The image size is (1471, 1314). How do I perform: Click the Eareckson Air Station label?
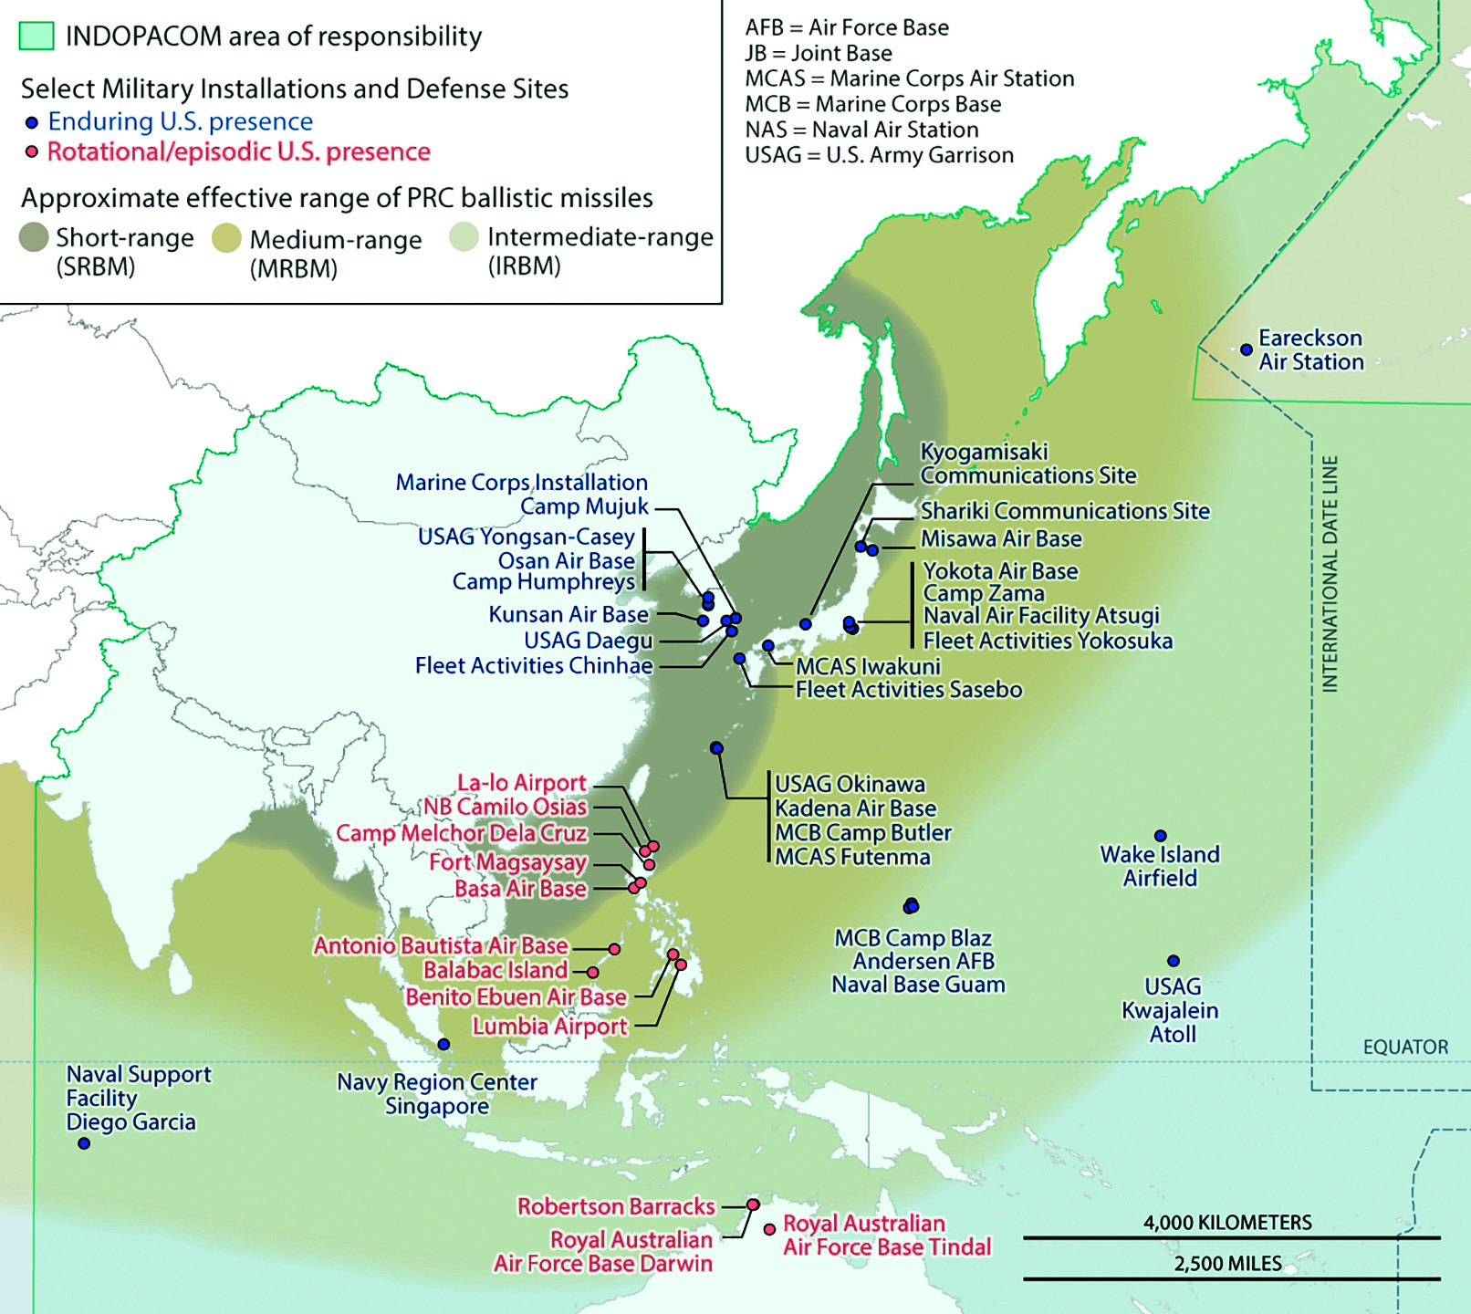coord(1310,350)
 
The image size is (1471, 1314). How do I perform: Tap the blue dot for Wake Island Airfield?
coord(1161,836)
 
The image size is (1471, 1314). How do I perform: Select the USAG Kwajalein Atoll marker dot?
coord(1174,961)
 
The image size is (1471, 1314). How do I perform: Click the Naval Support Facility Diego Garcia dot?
coord(84,1143)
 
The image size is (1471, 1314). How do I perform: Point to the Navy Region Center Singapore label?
coord(437,1094)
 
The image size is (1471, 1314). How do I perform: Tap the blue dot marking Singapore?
coord(443,1044)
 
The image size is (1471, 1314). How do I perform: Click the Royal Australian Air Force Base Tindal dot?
coord(770,1229)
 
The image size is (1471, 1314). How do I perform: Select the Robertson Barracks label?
coord(616,1206)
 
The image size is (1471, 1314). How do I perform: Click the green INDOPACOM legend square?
coord(37,36)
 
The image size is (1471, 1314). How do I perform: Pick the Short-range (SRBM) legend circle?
coord(34,237)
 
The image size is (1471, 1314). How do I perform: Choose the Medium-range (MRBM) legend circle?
coord(226,239)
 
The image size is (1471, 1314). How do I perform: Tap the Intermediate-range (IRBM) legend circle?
coord(464,237)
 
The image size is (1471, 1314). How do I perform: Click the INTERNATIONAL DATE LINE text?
coord(1330,574)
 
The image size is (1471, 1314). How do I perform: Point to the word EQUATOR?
coord(1405,1047)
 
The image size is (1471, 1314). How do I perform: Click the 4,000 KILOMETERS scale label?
coord(1227,1223)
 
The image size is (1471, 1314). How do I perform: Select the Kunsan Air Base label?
coord(569,614)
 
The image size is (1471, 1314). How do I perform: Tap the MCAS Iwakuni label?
coord(868,666)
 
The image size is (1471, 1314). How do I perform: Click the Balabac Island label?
coord(496,970)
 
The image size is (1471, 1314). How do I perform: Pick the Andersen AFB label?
coord(923,961)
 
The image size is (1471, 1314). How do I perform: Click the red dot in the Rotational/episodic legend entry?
coord(32,151)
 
